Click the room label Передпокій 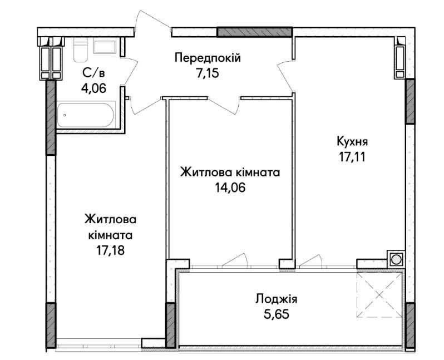208,58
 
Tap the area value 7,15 207,73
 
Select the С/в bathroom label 93,73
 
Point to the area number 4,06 93,88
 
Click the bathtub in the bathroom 86,115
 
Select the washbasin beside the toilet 105,47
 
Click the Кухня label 352,141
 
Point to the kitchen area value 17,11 352,157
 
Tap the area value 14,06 230,187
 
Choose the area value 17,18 110,250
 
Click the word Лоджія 277,299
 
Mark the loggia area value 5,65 277,314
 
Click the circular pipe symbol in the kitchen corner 396,259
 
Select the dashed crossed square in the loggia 379,294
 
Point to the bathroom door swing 131,71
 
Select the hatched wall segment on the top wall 254,32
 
